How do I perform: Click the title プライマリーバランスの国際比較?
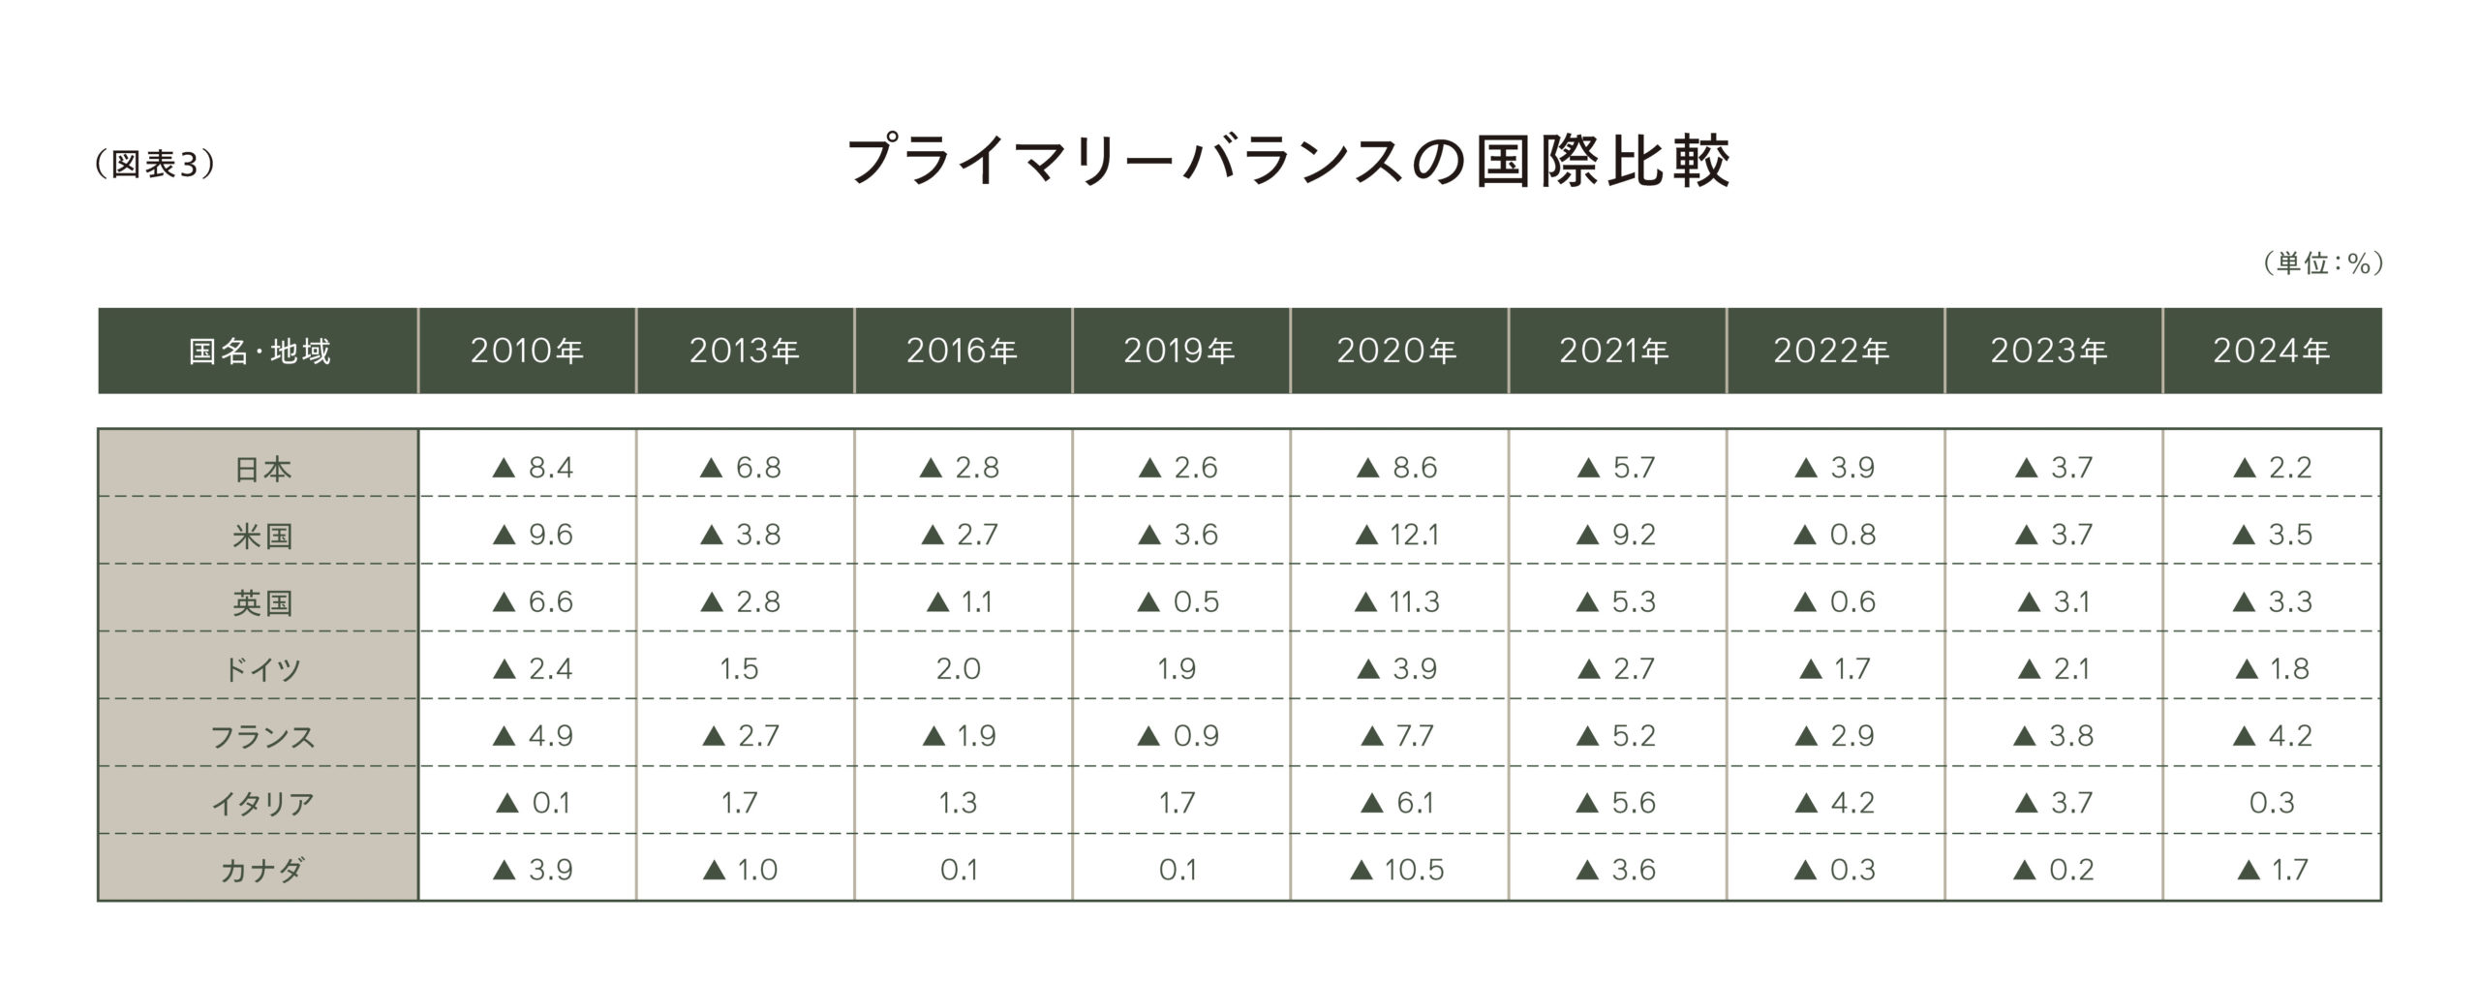tap(1288, 161)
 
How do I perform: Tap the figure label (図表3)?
tap(155, 165)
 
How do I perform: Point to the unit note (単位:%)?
tap(2322, 263)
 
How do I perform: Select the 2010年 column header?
tap(527, 351)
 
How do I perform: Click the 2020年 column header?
tap(1396, 351)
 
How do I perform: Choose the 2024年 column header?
tap(2271, 351)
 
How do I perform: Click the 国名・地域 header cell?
tap(259, 351)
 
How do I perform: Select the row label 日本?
tap(262, 470)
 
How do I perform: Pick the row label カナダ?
tap(262, 871)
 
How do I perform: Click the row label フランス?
tap(262, 737)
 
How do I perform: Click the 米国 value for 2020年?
tap(1398, 535)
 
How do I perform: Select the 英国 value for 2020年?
tap(1398, 602)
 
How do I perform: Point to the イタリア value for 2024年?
tap(2272, 803)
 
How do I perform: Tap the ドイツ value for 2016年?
tap(959, 669)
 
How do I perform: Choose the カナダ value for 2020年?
tap(1397, 870)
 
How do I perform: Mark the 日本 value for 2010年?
tap(533, 469)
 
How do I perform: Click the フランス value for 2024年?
tap(2272, 736)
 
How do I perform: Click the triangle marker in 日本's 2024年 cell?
tap(2245, 469)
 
